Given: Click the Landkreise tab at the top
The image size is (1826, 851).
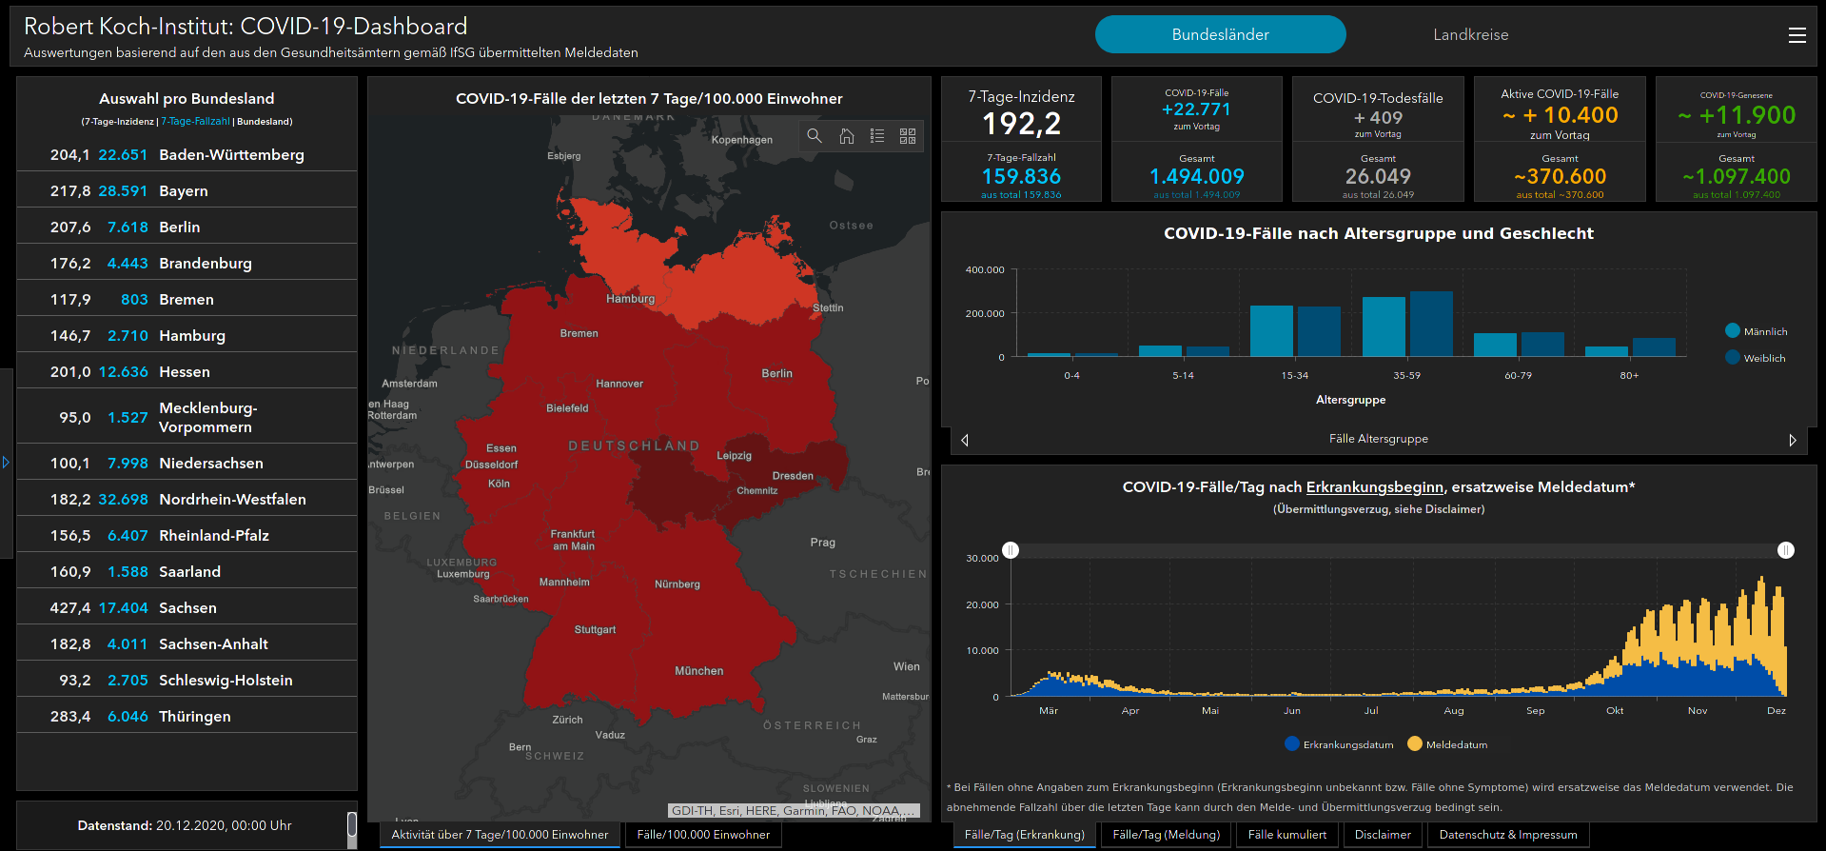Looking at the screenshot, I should click(x=1470, y=35).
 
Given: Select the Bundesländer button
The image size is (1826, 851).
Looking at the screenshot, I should click(x=1220, y=35).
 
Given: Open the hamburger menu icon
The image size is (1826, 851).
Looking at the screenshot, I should click(x=1797, y=35).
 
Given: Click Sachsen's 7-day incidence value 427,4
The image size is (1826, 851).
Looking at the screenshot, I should click(x=70, y=608).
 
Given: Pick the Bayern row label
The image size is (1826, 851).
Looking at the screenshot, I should click(x=184, y=191).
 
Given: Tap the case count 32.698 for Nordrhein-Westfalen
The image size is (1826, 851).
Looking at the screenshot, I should click(x=123, y=500).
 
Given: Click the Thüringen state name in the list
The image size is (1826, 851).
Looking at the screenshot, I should click(x=195, y=717).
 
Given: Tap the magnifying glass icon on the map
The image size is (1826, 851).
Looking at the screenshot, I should click(x=815, y=136).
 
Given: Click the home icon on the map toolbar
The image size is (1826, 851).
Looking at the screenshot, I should click(x=846, y=136).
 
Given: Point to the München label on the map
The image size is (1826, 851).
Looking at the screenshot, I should click(x=699, y=671).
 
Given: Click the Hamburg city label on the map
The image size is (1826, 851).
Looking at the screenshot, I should click(x=630, y=299).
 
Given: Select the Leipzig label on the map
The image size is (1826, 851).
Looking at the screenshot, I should click(x=734, y=456).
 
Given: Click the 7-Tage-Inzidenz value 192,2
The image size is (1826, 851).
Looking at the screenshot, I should click(x=1021, y=124).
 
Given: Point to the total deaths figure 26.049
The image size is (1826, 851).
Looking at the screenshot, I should click(x=1378, y=177).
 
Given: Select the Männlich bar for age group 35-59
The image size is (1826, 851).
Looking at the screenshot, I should click(x=1384, y=326).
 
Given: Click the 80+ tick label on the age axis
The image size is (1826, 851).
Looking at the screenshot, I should click(x=1629, y=376).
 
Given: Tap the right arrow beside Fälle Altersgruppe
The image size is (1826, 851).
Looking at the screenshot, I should click(x=1793, y=440).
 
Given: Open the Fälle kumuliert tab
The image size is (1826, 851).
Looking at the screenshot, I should click(x=1286, y=835).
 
